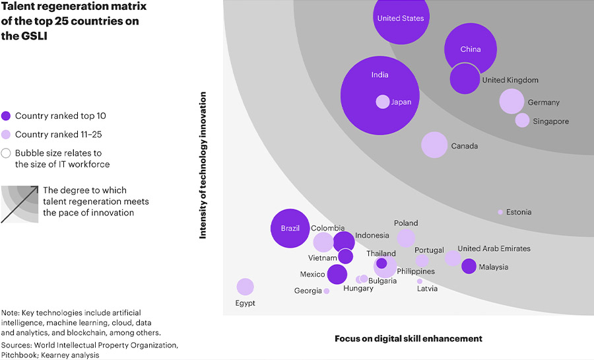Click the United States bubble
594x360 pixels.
pos(401,19)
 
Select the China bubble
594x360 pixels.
pos(471,48)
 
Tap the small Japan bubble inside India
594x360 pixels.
pos(383,102)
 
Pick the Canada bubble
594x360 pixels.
pos(434,145)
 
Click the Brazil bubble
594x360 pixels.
pos(290,228)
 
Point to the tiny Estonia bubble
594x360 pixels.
pos(500,212)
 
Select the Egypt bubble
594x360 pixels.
pos(245,287)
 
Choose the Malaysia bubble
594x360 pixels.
pos(469,266)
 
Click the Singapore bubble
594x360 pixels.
pos(522,120)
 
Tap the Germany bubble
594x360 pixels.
pos(511,101)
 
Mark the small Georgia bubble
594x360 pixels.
pos(327,291)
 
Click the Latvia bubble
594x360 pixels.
pos(420,281)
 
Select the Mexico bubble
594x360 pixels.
pos(337,274)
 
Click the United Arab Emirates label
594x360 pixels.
pos(494,248)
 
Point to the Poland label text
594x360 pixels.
pos(406,223)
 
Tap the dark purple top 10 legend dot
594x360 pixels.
pos(6,116)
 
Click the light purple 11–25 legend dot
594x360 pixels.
pos(6,135)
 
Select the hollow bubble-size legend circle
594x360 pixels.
pos(6,153)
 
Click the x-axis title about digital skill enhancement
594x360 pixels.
pos(409,338)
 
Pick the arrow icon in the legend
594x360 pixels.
pos(20,204)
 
